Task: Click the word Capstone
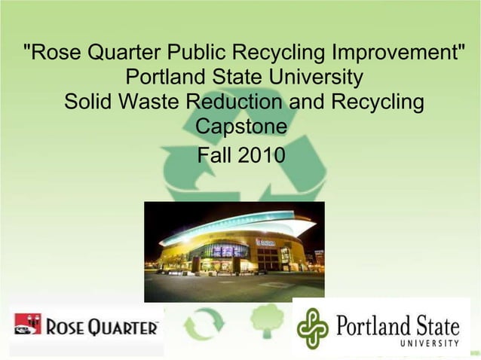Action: (240, 126)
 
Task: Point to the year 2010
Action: (262, 156)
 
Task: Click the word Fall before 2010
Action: (213, 156)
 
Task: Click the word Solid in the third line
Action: (87, 102)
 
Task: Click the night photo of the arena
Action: (234, 251)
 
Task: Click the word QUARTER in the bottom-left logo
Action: (125, 327)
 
